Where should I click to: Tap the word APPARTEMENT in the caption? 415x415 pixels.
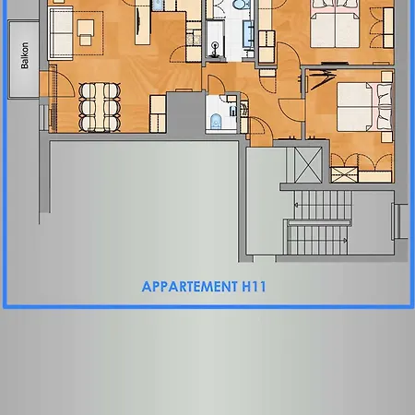pos(188,287)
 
